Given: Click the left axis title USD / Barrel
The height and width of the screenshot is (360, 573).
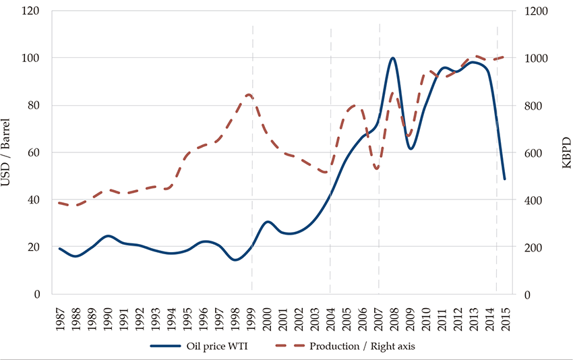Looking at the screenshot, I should click(x=9, y=153).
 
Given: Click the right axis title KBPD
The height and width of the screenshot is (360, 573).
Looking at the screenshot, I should click(x=564, y=153).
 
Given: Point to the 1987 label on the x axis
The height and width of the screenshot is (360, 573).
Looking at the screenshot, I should click(x=60, y=314).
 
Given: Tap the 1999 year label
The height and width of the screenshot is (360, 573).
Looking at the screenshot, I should click(x=252, y=314).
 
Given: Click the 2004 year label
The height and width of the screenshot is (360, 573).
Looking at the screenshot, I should click(x=330, y=314).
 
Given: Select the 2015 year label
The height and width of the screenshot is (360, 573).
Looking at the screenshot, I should click(x=505, y=314).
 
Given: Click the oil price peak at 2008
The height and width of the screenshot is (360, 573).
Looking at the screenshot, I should click(x=393, y=58).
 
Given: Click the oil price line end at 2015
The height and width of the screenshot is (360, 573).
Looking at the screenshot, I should click(x=505, y=179).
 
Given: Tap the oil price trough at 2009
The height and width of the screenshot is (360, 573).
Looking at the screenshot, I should click(x=411, y=148).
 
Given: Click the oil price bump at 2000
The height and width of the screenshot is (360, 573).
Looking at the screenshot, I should click(x=268, y=222).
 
